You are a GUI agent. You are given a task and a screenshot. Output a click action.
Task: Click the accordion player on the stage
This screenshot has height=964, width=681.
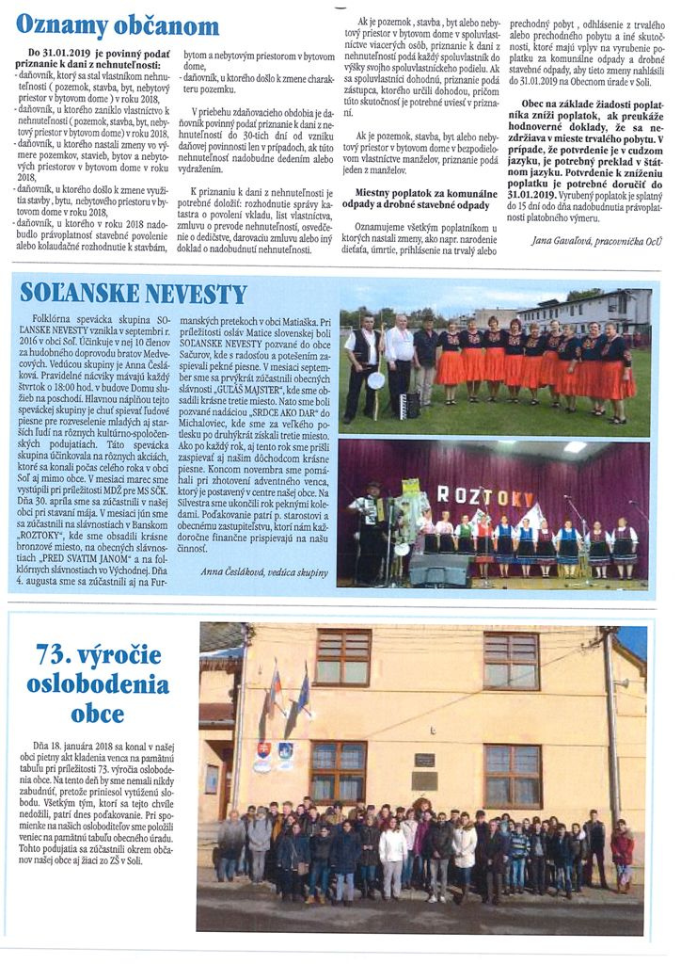pyautogui.click(x=366, y=527)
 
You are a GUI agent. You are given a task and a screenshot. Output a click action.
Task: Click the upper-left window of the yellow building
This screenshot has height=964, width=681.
pyautogui.click(x=342, y=657)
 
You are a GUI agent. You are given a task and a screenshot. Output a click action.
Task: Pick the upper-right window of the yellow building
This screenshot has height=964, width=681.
pyautogui.click(x=511, y=660)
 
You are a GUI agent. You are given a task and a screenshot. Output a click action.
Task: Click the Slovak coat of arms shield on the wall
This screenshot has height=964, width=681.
pyautogui.click(x=263, y=751)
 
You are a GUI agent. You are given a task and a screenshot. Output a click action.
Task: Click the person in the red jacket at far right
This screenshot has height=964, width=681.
pyautogui.click(x=621, y=853)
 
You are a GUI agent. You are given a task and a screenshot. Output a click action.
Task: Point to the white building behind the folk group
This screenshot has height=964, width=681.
pyautogui.click(x=583, y=310)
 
